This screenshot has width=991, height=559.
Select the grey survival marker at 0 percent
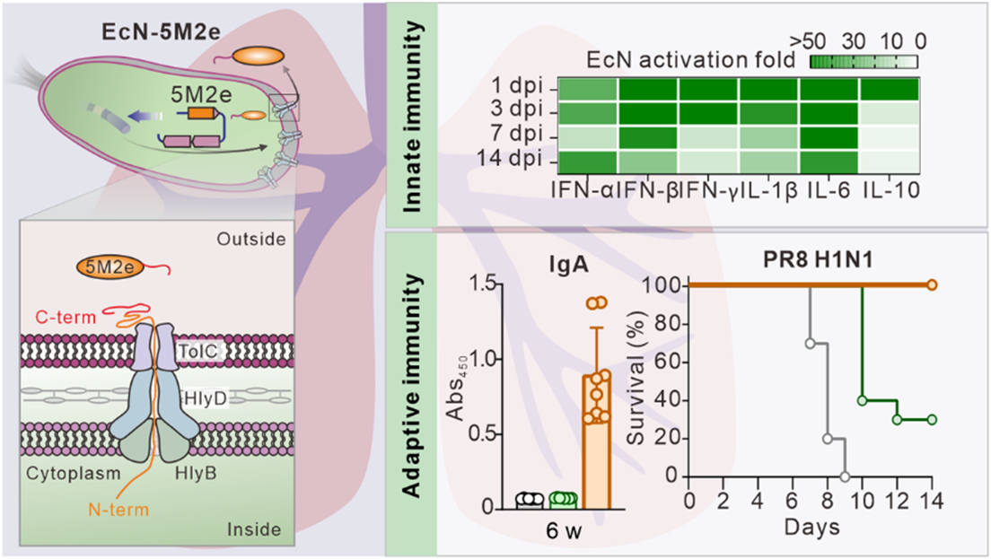[845, 476]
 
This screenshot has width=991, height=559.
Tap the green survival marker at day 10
[863, 400]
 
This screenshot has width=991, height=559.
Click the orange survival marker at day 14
[932, 285]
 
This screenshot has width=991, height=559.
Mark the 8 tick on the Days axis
[828, 499]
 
